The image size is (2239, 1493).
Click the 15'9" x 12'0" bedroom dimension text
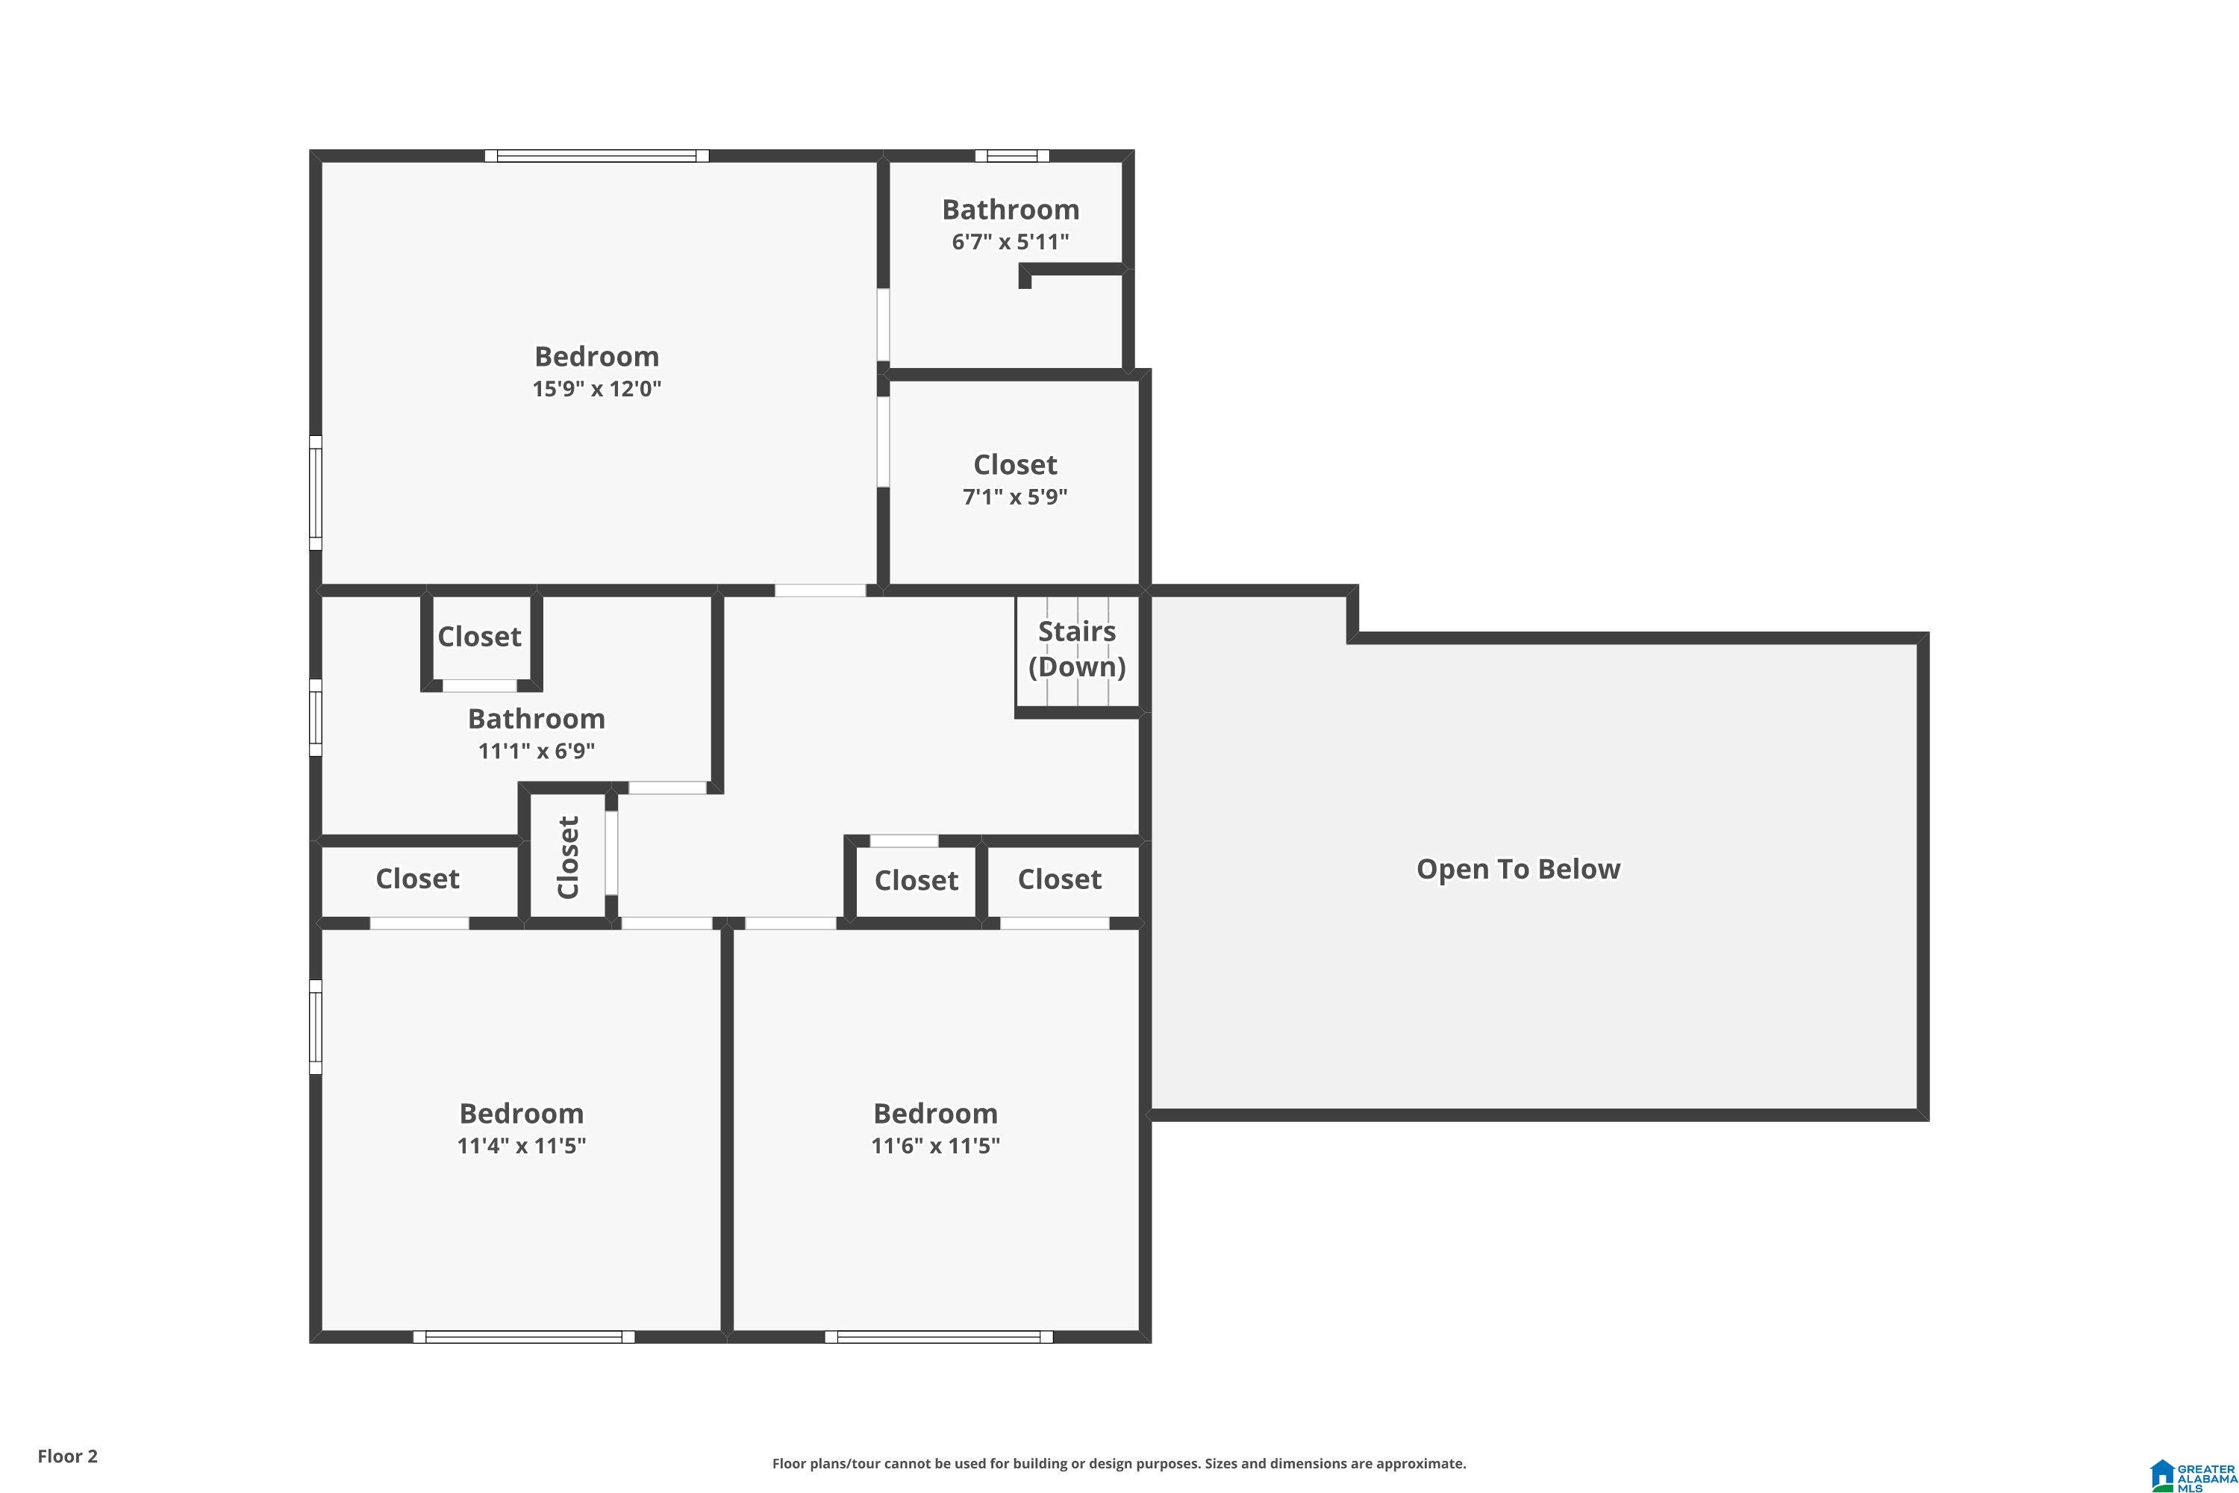click(x=597, y=388)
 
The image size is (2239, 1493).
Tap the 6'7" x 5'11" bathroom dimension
click(x=1010, y=242)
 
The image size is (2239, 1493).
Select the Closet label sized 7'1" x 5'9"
click(x=1015, y=464)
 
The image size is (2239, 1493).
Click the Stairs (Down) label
click(x=1077, y=649)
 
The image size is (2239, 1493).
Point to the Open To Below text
click(x=1518, y=870)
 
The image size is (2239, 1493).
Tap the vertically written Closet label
click(x=568, y=857)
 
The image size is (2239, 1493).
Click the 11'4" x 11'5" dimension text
click(x=522, y=1144)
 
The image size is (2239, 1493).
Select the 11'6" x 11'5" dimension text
click(x=936, y=1144)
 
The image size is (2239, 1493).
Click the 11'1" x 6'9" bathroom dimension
click(x=536, y=750)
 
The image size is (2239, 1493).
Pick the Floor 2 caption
click(x=68, y=1456)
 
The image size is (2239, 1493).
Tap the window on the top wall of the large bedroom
click(x=597, y=156)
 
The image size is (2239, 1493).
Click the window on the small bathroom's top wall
click(x=1012, y=156)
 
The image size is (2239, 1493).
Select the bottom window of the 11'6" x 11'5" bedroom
click(x=939, y=1337)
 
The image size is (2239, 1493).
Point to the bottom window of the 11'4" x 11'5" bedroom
click(x=524, y=1337)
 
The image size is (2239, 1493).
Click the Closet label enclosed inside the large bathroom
click(x=479, y=636)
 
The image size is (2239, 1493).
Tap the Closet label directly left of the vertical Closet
click(x=417, y=879)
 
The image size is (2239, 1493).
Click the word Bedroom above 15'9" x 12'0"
click(x=597, y=356)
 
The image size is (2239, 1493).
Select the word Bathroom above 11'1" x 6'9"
click(x=536, y=718)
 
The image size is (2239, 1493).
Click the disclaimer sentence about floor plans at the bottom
click(x=1119, y=1463)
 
